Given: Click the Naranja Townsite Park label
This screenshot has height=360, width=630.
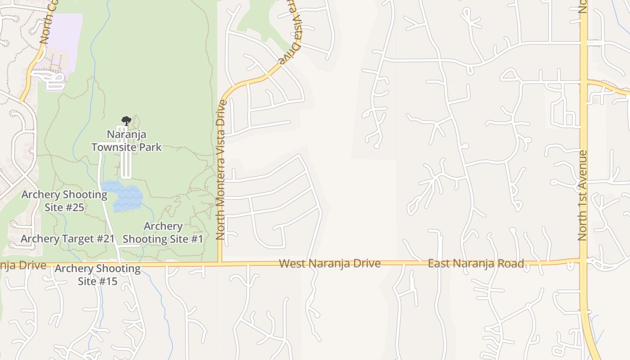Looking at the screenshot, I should pos(126,140).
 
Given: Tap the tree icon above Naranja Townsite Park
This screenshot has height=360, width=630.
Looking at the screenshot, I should pos(126,121).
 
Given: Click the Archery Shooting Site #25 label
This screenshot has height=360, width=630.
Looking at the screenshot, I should pos(64,201).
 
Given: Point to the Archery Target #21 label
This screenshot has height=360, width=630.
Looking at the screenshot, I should pos(68,238).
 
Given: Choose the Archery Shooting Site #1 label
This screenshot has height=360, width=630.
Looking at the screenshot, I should pos(163,232).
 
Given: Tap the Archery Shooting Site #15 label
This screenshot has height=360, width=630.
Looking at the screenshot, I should pos(98,275).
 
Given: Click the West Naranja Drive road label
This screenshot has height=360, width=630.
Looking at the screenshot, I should pos(330,263).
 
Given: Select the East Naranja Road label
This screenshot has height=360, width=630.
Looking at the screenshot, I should pos(476,263).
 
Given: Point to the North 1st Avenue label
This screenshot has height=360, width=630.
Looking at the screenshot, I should pos(583,195).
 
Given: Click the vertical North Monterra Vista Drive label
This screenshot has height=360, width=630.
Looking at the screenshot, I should pos(220,169).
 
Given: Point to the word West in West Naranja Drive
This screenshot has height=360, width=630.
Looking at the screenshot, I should pos(290,263).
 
